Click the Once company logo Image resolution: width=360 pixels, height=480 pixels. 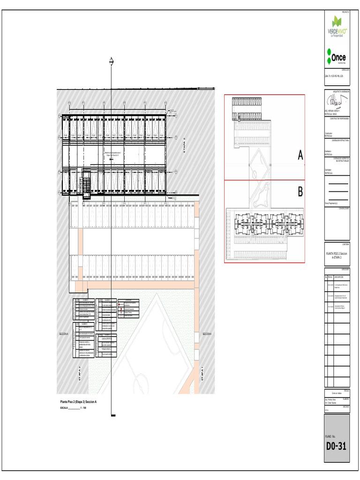coord(336,57)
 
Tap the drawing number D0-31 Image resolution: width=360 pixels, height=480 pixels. coord(336,446)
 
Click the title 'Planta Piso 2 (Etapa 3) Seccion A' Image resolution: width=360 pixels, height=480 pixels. coord(78,402)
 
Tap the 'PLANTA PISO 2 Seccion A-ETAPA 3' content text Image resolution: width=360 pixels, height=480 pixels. coord(337,255)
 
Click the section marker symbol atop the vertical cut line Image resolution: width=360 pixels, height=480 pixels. coord(112,60)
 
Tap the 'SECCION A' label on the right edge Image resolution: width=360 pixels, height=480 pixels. coord(207,334)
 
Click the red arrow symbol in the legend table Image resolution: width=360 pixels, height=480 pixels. coord(120,305)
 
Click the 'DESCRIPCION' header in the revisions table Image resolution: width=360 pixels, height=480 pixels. coord(339,277)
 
